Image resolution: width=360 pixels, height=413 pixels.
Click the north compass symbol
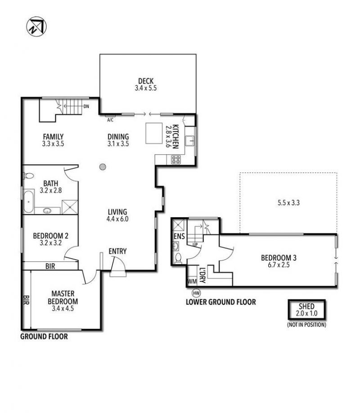tap(36, 27)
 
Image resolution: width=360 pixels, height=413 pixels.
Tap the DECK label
tap(146, 81)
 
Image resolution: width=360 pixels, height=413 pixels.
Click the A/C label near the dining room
tap(110, 120)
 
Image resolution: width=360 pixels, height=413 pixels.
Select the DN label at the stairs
tap(86, 107)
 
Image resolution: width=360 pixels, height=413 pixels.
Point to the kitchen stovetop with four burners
tap(176, 159)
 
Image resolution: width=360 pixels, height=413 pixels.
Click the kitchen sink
tap(189, 141)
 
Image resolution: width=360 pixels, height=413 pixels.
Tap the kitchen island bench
tap(154, 133)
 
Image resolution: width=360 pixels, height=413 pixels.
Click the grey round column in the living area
tap(103, 167)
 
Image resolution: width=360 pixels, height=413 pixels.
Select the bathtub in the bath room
tap(28, 202)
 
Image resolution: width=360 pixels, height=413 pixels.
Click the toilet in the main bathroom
tap(29, 175)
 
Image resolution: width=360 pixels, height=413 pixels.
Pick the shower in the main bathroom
tap(70, 207)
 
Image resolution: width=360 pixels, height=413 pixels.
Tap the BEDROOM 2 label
tap(50, 236)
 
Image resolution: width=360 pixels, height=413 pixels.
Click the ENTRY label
tap(117, 251)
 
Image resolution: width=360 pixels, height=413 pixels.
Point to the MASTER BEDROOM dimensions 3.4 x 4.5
tap(63, 309)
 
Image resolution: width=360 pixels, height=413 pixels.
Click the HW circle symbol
tap(196, 292)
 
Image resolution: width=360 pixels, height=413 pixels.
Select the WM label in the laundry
tap(192, 281)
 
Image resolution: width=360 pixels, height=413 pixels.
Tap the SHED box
tap(306, 310)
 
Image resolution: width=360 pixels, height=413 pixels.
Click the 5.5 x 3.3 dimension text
tap(288, 203)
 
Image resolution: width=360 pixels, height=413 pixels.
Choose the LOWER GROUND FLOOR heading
tap(221, 302)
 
